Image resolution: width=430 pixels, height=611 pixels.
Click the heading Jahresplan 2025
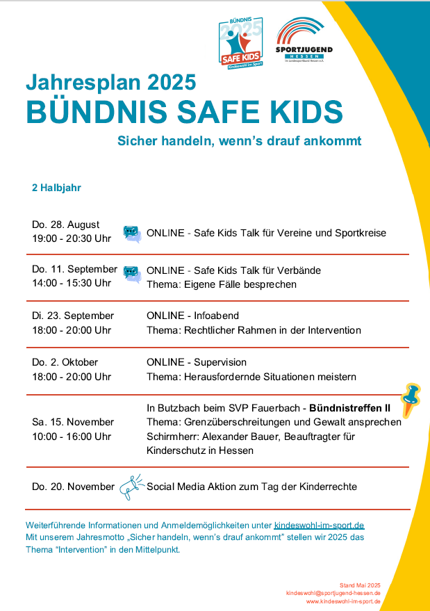(110, 83)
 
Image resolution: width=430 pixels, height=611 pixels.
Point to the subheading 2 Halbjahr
(57, 188)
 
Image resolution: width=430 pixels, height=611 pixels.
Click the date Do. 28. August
(66, 225)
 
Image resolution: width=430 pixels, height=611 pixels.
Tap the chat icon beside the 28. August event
(132, 234)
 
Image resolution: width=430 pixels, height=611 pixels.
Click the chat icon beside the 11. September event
(132, 274)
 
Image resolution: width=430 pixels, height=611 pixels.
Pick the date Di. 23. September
(73, 316)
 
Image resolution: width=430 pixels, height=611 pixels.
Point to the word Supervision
(220, 362)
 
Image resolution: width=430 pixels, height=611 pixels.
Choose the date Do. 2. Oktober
(65, 362)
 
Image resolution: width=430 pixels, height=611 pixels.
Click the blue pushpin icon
(411, 399)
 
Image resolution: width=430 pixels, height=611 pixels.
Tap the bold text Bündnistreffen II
(350, 407)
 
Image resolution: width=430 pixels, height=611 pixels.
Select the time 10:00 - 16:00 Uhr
(72, 437)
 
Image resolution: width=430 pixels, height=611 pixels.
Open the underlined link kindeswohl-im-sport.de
(320, 525)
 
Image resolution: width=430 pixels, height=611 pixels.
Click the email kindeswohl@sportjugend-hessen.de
(333, 593)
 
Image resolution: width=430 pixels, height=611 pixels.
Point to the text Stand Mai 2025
(360, 585)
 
